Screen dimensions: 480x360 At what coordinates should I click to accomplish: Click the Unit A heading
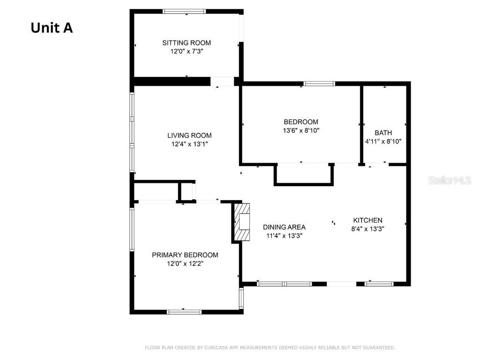point(52,28)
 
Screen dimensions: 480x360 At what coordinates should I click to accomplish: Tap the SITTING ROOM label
point(187,43)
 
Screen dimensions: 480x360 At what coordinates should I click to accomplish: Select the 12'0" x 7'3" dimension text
point(187,51)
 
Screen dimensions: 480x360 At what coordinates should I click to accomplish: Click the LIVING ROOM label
point(189,135)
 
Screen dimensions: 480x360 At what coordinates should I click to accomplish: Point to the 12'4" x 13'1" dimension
point(189,144)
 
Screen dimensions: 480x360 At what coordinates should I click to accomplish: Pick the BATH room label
point(383,133)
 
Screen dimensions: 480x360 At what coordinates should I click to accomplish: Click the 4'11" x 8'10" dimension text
point(383,142)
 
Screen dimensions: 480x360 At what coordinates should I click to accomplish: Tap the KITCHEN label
point(367,220)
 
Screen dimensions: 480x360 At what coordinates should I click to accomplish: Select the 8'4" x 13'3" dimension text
point(367,229)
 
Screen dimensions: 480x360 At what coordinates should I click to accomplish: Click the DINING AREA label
point(284,227)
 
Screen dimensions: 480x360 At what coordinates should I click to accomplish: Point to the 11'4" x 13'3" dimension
point(284,236)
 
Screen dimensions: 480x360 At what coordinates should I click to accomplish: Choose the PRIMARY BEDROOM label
point(185,255)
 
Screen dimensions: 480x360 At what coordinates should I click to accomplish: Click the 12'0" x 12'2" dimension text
point(185,263)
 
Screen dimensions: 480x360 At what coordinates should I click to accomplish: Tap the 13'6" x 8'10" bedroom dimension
point(301,130)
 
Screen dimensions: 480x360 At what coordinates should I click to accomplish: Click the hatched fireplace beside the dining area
point(242,222)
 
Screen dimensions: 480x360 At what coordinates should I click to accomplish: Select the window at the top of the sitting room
point(184,12)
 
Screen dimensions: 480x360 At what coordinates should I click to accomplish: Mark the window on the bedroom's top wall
point(319,83)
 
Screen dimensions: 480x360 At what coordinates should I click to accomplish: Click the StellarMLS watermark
point(450,180)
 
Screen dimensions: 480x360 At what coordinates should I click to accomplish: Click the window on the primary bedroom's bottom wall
point(184,312)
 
